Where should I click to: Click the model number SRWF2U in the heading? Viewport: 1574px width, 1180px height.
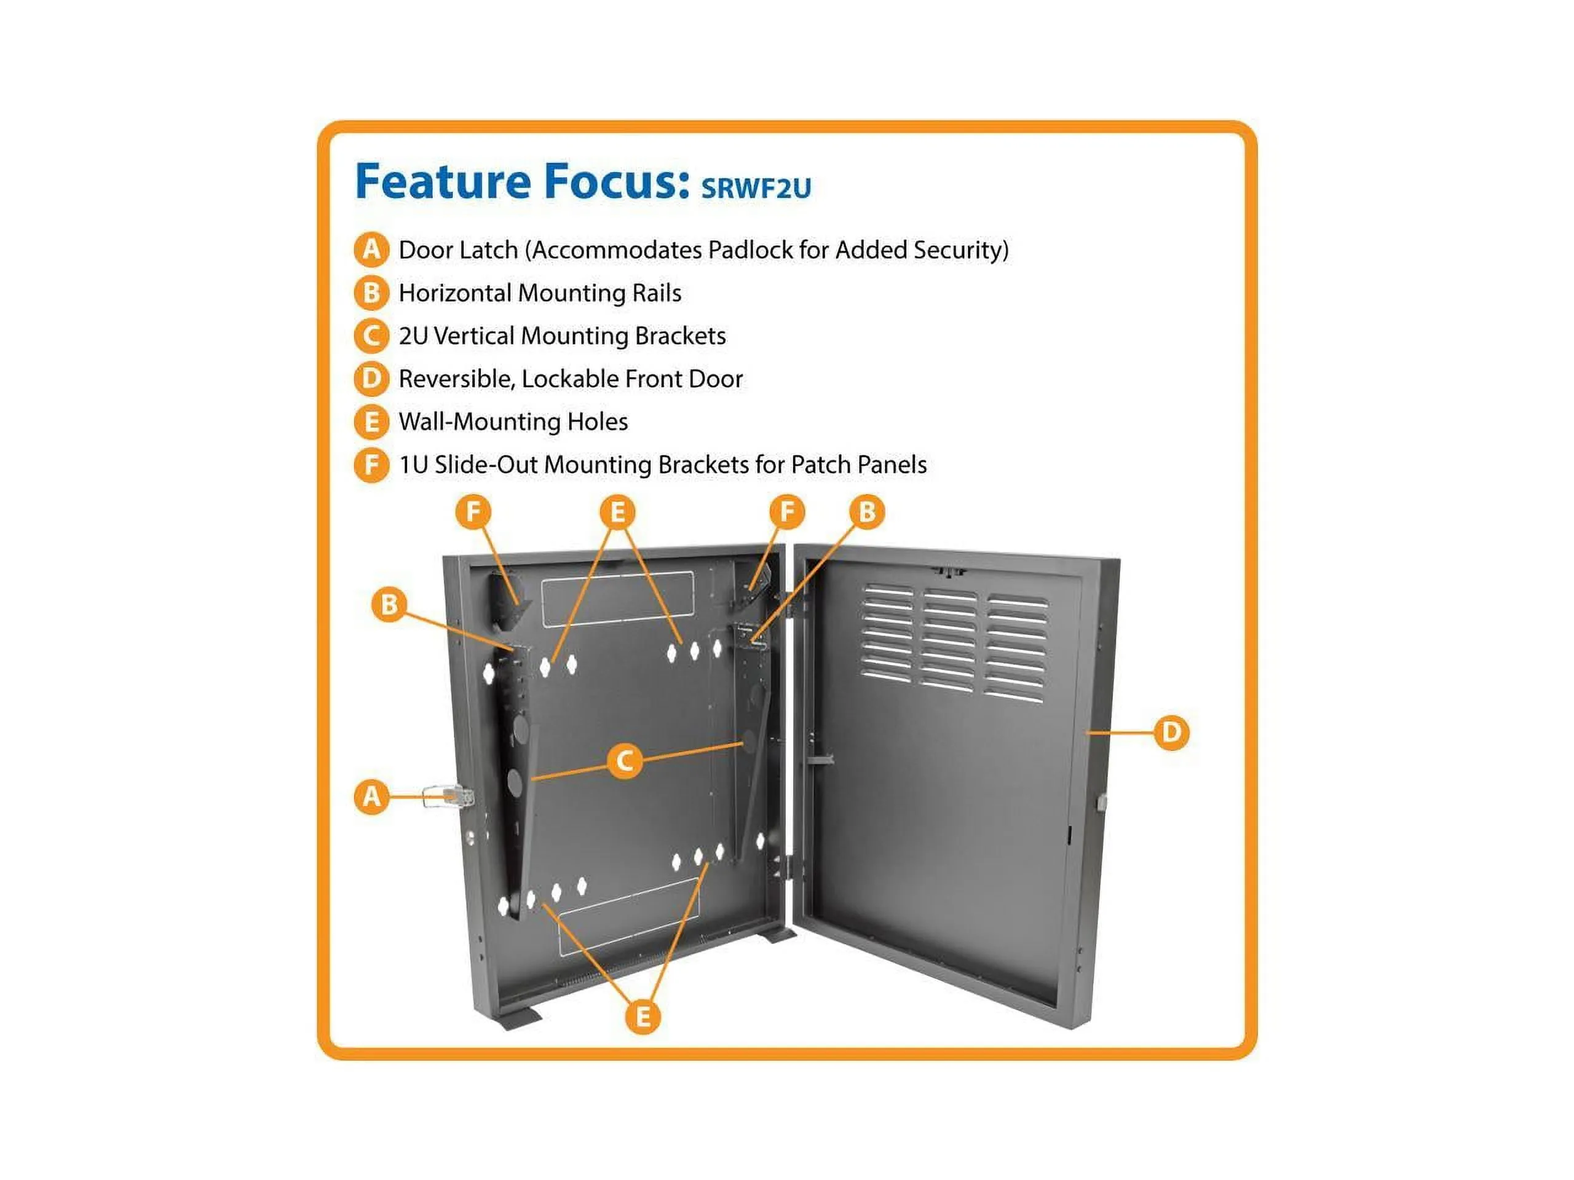(x=756, y=188)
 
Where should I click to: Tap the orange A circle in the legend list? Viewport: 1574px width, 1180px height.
(x=371, y=250)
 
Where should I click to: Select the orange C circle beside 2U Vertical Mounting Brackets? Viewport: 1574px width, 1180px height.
(x=371, y=336)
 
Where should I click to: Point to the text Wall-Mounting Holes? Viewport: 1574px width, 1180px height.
(x=513, y=422)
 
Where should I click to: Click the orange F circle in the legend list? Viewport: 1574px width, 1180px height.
(x=371, y=465)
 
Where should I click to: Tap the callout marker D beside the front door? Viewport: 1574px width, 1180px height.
(x=1171, y=733)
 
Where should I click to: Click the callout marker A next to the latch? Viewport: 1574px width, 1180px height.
(x=371, y=796)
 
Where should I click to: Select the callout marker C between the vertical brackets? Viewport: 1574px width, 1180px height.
(x=625, y=761)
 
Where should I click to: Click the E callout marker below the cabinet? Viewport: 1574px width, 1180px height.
(x=643, y=1017)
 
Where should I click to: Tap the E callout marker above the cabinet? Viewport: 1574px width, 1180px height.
(x=617, y=512)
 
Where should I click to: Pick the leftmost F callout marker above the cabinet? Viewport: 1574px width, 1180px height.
(x=473, y=512)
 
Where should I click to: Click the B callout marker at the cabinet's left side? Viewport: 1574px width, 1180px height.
(x=389, y=605)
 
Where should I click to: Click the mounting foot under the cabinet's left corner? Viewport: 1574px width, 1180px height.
(x=520, y=1018)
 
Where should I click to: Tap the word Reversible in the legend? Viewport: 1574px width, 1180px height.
(x=456, y=379)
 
